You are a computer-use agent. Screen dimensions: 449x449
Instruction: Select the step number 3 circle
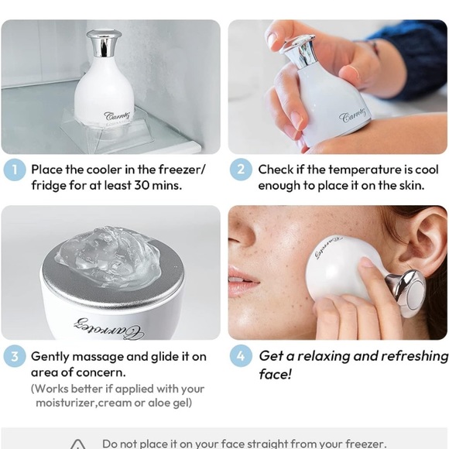pyautogui.click(x=14, y=357)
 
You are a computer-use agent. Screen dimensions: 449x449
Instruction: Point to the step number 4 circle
pyautogui.click(x=241, y=357)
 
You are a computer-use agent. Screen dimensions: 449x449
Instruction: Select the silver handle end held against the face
pyautogui.click(x=409, y=291)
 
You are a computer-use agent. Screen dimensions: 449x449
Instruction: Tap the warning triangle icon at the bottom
pyautogui.click(x=78, y=444)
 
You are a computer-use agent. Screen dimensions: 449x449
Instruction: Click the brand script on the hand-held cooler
pyautogui.click(x=355, y=118)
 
